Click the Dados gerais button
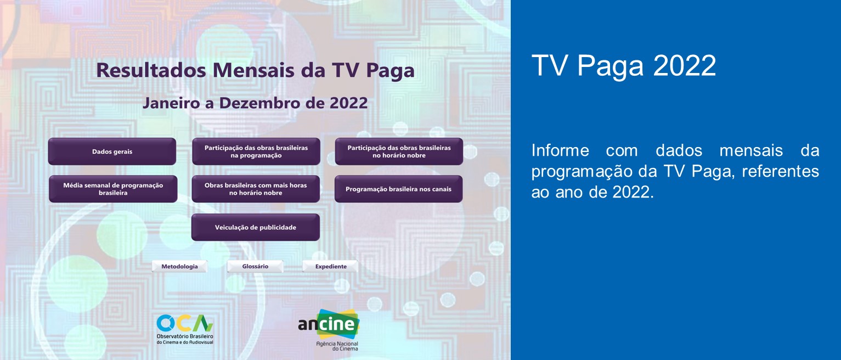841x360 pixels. click(x=112, y=151)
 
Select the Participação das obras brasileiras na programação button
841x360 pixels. click(x=256, y=151)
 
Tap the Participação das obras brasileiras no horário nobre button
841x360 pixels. click(x=399, y=151)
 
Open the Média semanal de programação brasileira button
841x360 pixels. click(x=113, y=189)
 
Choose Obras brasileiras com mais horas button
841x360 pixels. click(x=256, y=189)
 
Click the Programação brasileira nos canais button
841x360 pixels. click(x=398, y=189)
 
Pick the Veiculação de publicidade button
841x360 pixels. click(x=255, y=227)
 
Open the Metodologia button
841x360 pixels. click(x=179, y=267)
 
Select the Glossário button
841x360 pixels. click(x=255, y=267)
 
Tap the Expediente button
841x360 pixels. click(x=330, y=267)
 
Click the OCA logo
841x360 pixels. click(x=185, y=323)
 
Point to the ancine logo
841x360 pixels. click(x=329, y=324)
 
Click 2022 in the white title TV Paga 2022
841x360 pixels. click(x=685, y=66)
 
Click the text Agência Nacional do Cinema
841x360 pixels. click(x=336, y=346)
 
